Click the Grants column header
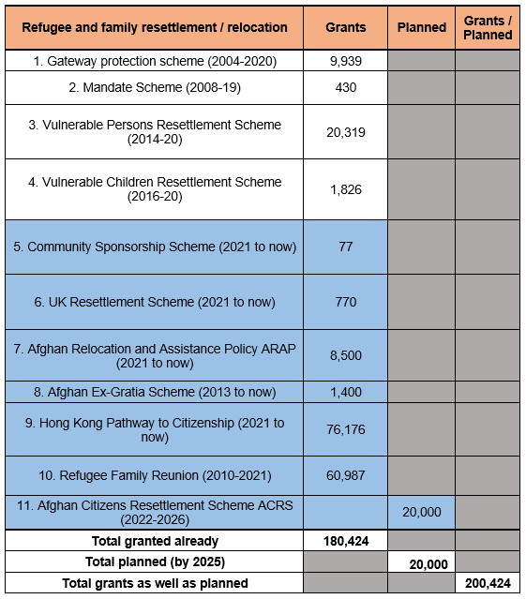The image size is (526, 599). (x=345, y=27)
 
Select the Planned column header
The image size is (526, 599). (x=421, y=27)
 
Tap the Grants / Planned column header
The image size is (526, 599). (x=488, y=27)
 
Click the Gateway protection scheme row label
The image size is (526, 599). (x=155, y=61)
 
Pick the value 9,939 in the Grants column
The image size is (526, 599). (x=346, y=61)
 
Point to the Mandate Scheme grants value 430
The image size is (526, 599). (x=346, y=87)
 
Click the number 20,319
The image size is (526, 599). (x=346, y=132)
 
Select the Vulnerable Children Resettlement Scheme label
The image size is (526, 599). (x=155, y=189)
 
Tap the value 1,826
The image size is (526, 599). (x=346, y=189)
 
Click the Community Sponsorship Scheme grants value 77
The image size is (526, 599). (x=346, y=247)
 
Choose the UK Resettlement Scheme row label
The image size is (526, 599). (x=155, y=302)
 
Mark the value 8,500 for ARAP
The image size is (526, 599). (x=346, y=355)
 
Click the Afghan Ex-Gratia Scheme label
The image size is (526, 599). (x=155, y=392)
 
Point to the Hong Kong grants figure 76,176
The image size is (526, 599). (x=346, y=429)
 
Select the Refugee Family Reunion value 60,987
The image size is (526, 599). (x=346, y=475)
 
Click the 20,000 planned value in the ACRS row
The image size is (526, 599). (x=421, y=512)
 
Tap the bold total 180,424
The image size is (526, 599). (x=346, y=541)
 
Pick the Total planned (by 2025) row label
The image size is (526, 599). (x=155, y=562)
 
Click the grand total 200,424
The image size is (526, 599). (x=488, y=583)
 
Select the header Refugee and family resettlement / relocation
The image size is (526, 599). (x=155, y=27)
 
